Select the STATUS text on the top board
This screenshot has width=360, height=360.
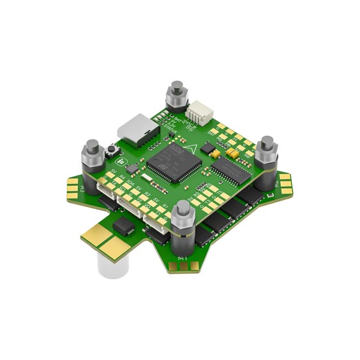click(x=169, y=127)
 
